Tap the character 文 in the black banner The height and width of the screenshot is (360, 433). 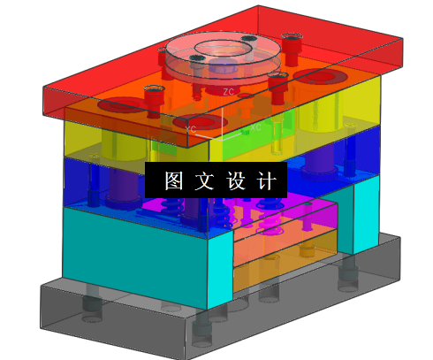[x=198, y=180]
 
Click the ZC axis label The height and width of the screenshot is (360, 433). [x=228, y=91]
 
